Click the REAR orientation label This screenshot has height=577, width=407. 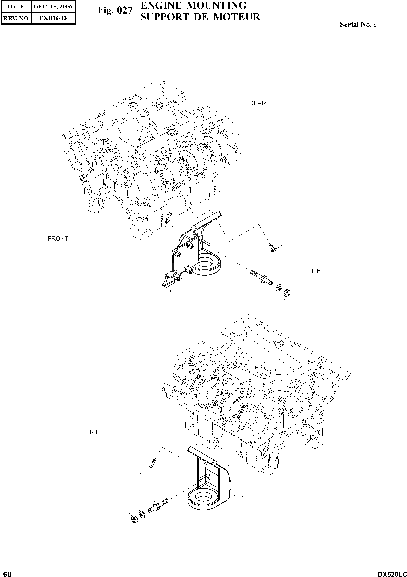[x=257, y=103]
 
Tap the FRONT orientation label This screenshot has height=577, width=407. [x=58, y=238]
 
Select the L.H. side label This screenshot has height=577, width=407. [x=317, y=271]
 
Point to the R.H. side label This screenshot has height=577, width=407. [x=95, y=433]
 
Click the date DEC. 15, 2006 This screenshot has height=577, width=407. [x=53, y=7]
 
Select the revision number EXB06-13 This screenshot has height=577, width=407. [x=53, y=18]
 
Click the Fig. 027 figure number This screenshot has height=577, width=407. [x=115, y=10]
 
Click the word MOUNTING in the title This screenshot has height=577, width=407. [x=216, y=6]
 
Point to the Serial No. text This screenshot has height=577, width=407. [x=358, y=25]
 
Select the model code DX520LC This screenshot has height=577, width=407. [x=392, y=573]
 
